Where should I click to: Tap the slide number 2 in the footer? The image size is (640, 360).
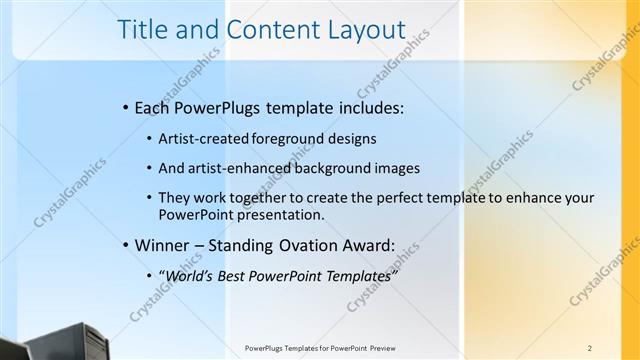590,349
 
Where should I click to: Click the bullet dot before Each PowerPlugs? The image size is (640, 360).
124,106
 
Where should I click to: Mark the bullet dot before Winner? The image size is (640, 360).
124,244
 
